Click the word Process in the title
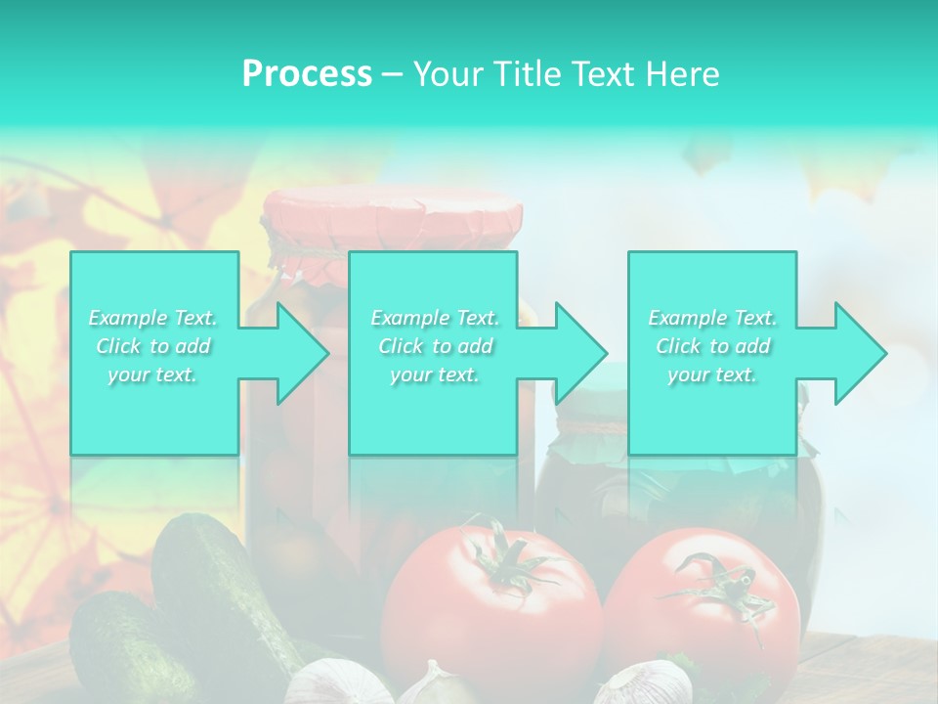[307, 74]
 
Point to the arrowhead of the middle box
[579, 353]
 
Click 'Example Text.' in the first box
[153, 318]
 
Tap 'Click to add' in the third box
[712, 346]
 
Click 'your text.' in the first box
[153, 374]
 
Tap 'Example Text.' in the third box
[712, 318]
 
